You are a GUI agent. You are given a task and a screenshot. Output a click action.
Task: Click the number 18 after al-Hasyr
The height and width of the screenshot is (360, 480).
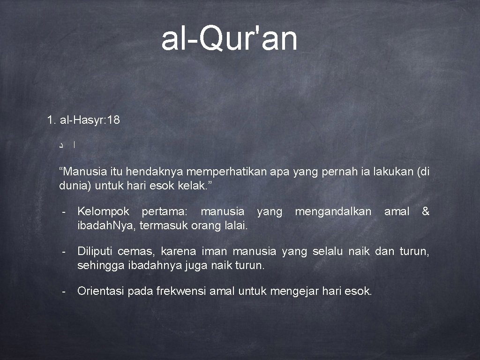(x=113, y=120)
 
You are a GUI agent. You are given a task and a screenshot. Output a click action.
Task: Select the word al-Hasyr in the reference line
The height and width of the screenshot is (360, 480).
(x=82, y=120)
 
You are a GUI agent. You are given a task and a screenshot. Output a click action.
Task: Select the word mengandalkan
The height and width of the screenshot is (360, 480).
(x=333, y=212)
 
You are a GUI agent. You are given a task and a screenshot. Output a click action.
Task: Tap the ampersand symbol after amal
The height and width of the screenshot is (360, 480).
(x=425, y=212)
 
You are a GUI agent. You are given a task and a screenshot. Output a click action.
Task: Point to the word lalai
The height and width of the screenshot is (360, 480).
(x=236, y=225)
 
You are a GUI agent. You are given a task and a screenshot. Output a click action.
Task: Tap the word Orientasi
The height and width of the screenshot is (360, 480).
(x=99, y=292)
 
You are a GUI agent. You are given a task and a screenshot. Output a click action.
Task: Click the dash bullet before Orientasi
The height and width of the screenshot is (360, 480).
(x=63, y=292)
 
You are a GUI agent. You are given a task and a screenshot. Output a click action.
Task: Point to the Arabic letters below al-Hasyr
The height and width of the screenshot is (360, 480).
(x=67, y=146)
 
